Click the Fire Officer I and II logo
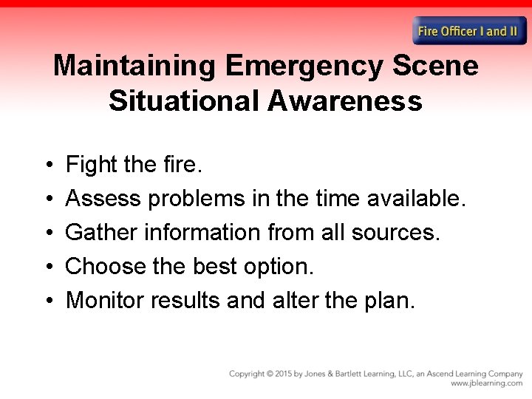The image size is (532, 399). coord(468,31)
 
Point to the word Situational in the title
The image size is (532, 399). coord(183,100)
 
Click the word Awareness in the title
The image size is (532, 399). coord(345,100)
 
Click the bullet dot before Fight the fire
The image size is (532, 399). coord(47,165)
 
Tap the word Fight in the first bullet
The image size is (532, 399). coord(87,165)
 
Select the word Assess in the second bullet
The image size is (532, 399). coord(104,199)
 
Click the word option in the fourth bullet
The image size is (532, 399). coord(281,267)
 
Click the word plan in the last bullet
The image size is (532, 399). coord(390,301)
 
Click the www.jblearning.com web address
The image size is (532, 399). coord(486,383)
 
